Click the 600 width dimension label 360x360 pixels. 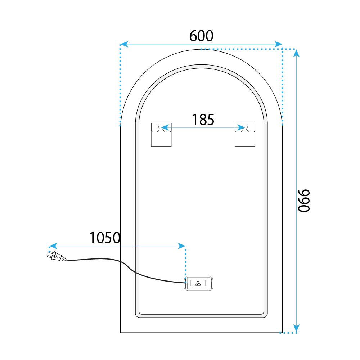click(201, 36)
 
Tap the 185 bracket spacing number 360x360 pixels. click(203, 120)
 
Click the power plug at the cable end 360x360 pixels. click(56, 257)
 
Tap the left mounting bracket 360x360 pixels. click(161, 134)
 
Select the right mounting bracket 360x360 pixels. click(245, 134)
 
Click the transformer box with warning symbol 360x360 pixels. click(199, 283)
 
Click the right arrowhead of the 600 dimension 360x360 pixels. click(278, 44)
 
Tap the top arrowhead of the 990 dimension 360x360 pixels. click(296, 53)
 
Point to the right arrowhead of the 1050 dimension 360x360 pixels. click(181, 246)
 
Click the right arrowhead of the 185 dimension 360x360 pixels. click(240, 127)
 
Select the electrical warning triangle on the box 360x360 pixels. click(198, 283)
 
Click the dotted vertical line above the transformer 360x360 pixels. click(185, 261)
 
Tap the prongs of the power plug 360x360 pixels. click(48, 256)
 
